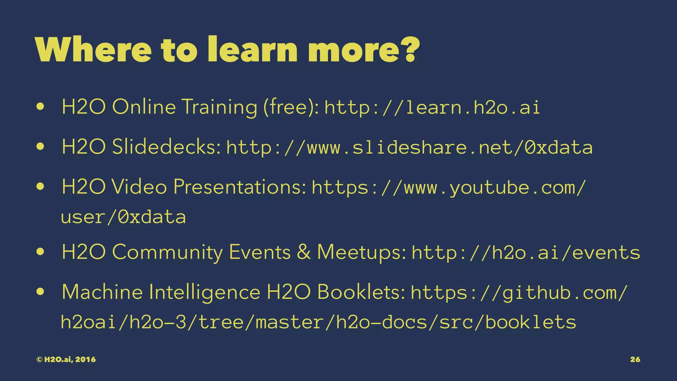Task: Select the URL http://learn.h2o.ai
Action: click(432, 107)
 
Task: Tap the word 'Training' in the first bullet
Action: click(219, 107)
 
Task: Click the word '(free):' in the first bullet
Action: click(291, 107)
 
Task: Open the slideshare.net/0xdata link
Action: click(409, 147)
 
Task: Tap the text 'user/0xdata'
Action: click(123, 217)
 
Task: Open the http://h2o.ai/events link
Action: click(526, 253)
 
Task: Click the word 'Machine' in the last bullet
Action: click(102, 292)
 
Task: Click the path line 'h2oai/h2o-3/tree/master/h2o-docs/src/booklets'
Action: click(318, 322)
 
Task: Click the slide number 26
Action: click(635, 360)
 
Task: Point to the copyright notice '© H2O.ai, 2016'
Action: click(66, 360)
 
